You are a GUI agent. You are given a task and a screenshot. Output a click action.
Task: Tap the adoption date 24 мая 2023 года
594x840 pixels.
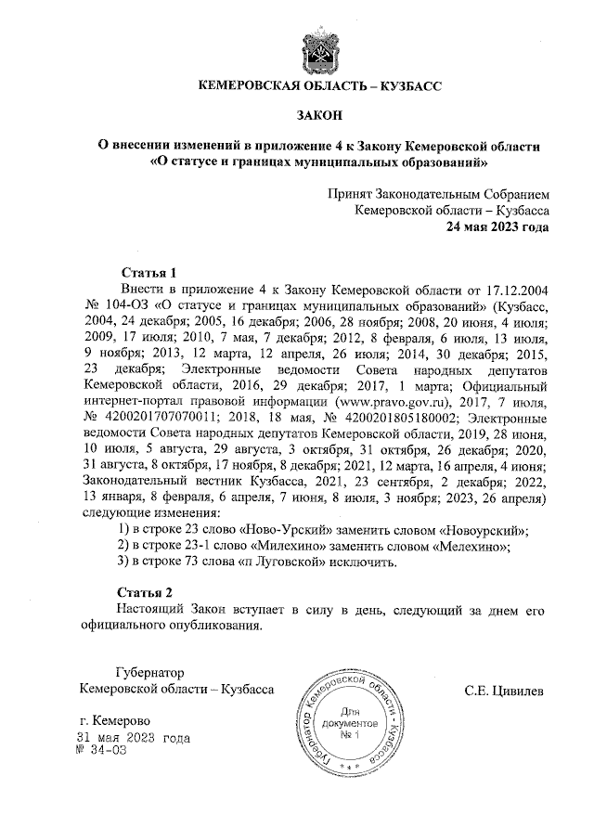coord(498,226)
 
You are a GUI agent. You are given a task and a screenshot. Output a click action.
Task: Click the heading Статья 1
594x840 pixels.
coord(148,272)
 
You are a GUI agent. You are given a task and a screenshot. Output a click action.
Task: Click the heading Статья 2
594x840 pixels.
coord(148,591)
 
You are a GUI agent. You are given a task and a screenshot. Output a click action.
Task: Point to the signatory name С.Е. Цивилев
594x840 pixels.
coord(506,691)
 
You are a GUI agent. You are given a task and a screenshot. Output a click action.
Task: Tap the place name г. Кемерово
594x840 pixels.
coord(115,721)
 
